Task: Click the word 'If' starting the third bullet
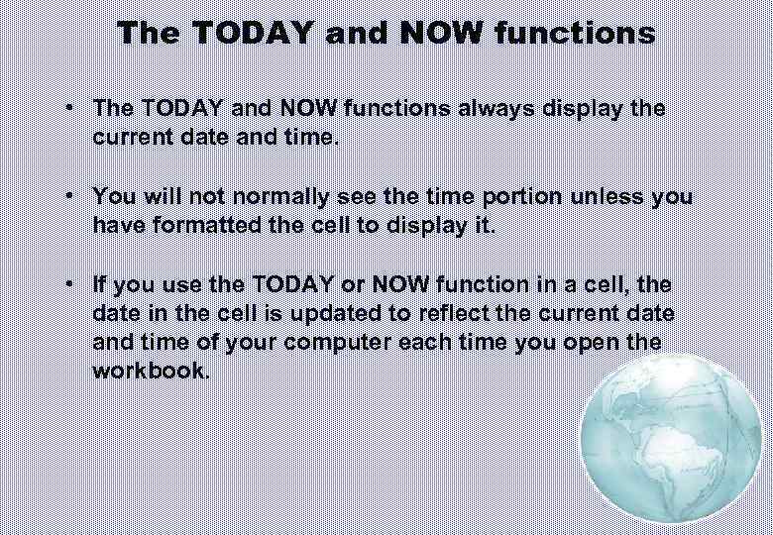(x=100, y=284)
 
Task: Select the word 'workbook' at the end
(x=148, y=372)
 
